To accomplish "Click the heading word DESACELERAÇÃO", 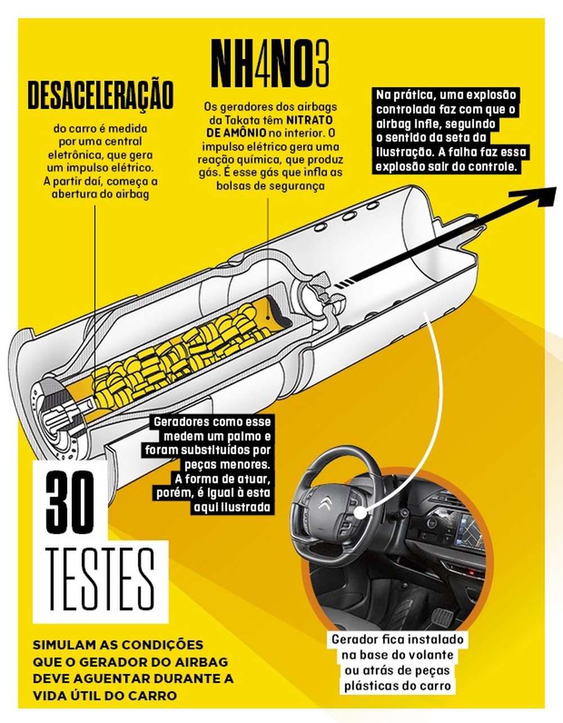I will pyautogui.click(x=100, y=95).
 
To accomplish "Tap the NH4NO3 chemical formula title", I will pyautogui.click(x=270, y=63).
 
